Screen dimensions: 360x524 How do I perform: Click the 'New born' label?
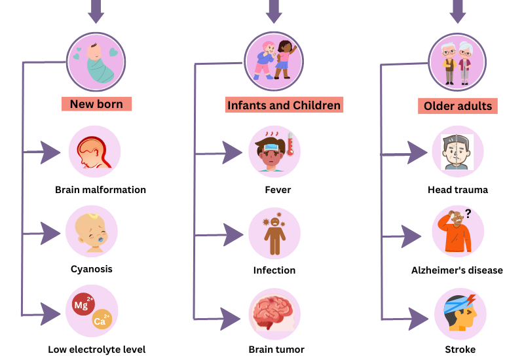(x=96, y=103)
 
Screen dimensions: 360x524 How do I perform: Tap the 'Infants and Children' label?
(x=284, y=105)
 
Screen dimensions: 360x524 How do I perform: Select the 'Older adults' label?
(x=457, y=106)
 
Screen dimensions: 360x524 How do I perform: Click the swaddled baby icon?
(x=96, y=62)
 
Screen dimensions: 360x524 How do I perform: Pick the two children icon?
(x=274, y=60)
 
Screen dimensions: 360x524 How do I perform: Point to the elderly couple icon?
(x=457, y=63)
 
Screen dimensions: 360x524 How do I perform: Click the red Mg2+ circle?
(x=83, y=304)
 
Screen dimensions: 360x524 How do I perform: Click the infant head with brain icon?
(x=94, y=153)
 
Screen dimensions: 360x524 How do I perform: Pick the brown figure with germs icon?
(x=274, y=234)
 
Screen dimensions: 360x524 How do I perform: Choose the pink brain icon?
(x=274, y=313)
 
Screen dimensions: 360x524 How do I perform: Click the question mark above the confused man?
(x=468, y=213)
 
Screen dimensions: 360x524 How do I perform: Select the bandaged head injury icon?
(x=460, y=313)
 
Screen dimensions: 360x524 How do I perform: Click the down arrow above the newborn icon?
(x=96, y=10)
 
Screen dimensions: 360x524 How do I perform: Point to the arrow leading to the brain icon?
(x=230, y=319)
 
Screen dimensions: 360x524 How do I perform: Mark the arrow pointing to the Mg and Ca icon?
(x=50, y=314)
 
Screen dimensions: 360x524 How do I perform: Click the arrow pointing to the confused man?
(x=411, y=236)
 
